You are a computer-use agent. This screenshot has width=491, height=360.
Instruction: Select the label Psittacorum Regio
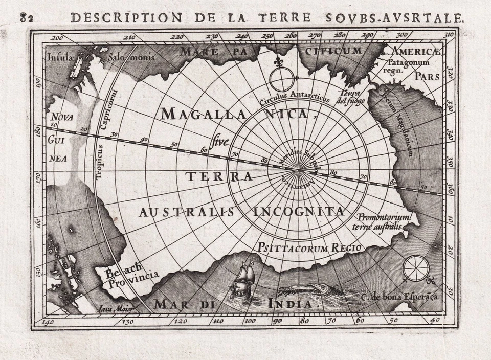tap(310, 247)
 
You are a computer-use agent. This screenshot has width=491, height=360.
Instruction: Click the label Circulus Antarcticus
tap(294, 98)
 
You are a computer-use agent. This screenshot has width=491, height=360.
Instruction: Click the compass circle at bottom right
tap(416, 268)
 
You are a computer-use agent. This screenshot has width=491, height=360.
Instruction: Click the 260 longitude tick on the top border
tap(291, 36)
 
